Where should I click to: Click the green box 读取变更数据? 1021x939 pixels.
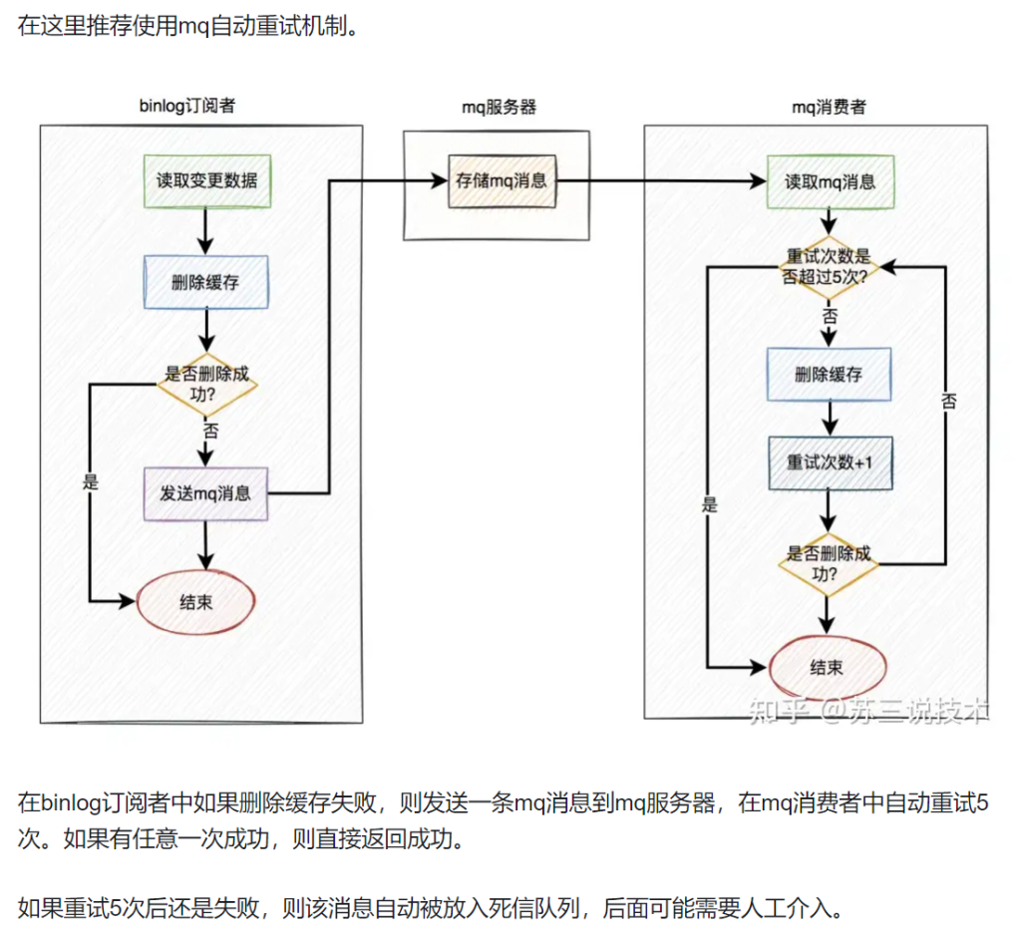206,181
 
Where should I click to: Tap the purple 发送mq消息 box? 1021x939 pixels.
206,492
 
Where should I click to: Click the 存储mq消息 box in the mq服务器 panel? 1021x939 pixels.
503,181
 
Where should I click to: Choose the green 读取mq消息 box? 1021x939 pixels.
830,181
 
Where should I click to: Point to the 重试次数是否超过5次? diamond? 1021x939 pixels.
830,266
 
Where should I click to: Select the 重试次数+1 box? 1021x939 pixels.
830,463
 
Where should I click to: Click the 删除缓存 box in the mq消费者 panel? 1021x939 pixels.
830,375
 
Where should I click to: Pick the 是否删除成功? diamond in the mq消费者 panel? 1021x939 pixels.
830,564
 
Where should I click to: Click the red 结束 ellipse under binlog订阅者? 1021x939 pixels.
195,602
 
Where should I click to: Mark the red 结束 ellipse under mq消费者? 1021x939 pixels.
828,667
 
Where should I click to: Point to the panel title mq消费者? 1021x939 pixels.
829,106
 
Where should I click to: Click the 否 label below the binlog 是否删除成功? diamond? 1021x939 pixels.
211,433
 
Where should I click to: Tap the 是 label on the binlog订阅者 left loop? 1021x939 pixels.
92,482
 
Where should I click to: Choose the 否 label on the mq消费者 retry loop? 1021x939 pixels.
948,401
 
